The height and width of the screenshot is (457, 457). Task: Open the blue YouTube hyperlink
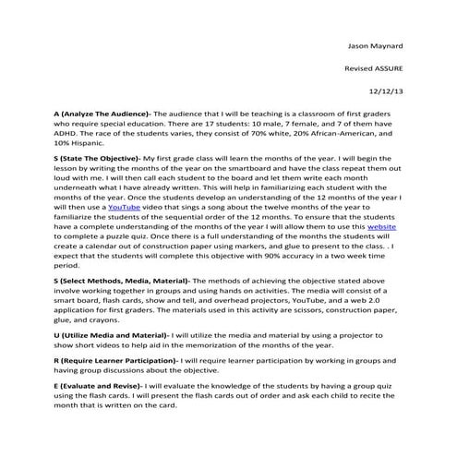click(x=125, y=209)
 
